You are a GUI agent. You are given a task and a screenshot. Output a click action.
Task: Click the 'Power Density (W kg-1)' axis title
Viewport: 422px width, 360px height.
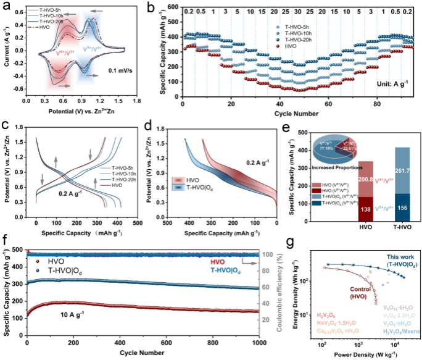pos(364,354)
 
